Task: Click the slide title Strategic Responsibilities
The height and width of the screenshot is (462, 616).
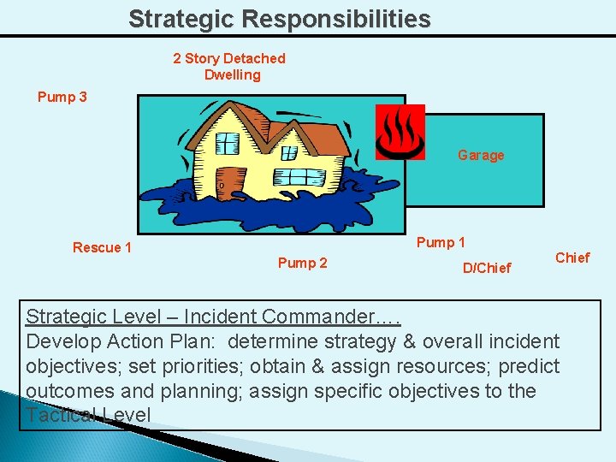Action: click(279, 19)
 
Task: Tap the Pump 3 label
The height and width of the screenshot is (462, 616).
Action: click(62, 97)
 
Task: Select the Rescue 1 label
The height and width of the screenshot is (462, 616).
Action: click(102, 247)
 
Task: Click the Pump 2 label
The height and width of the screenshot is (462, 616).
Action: click(302, 263)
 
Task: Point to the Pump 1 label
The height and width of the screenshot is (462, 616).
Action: click(441, 242)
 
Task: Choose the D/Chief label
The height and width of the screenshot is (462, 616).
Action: click(486, 268)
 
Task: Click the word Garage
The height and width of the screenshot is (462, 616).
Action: click(480, 155)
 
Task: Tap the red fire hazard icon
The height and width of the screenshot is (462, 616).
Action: click(400, 132)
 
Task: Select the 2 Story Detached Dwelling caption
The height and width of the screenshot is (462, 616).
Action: click(229, 66)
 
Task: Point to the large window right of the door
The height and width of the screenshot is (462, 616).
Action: click(299, 178)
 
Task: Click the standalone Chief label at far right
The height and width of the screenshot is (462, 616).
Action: click(572, 258)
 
